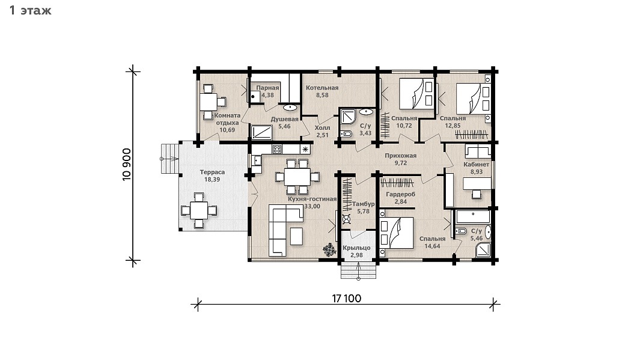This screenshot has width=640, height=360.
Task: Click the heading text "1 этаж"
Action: [x=31, y=10]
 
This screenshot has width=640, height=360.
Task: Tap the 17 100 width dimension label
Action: [x=347, y=298]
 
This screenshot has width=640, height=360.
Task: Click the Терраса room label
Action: [x=212, y=172]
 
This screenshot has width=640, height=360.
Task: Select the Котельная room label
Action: [x=322, y=88]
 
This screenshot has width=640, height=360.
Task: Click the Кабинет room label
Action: [x=477, y=165]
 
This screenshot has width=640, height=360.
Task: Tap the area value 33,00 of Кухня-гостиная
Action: [x=312, y=207]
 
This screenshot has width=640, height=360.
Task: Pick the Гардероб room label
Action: [x=400, y=194]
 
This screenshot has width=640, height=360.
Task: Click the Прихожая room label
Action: [x=400, y=156]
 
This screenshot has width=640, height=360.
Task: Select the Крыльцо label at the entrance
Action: [x=356, y=248]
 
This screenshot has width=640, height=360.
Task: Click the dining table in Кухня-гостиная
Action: [x=297, y=177]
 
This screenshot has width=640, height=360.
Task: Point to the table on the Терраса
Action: [x=199, y=210]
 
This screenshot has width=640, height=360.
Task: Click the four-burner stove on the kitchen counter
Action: [x=277, y=149]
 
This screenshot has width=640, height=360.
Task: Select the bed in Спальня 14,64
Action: [x=397, y=232]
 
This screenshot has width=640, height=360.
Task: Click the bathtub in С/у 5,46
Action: [x=473, y=216]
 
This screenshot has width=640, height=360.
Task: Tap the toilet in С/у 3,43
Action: [x=346, y=134]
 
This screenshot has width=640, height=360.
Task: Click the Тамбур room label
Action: [x=363, y=204]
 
